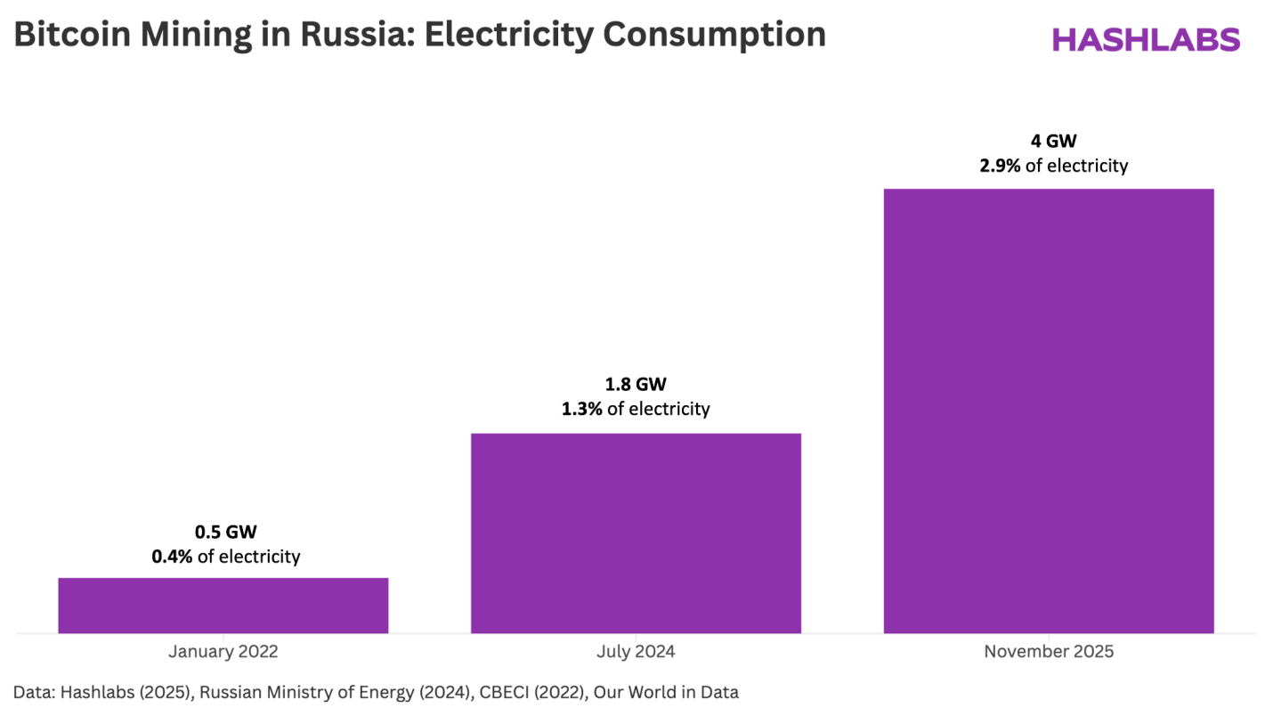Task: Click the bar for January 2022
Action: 223,606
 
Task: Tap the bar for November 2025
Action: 1048,411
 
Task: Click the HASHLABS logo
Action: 1146,39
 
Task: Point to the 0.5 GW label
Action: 225,533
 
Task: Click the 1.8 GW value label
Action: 636,385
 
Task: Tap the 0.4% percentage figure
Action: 171,557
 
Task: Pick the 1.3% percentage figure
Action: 581,410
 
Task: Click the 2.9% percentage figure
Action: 1000,166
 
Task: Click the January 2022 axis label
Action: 223,652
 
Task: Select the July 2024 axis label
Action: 636,652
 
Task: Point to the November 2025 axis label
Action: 1049,652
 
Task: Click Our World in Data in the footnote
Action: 667,691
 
